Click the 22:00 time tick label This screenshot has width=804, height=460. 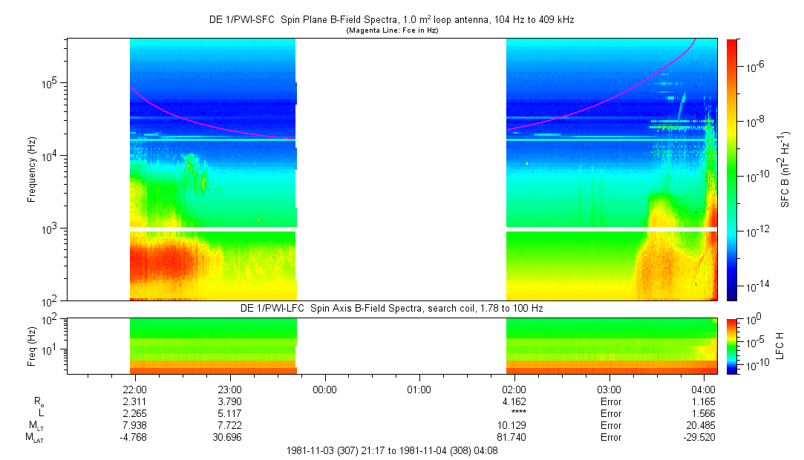tap(134, 389)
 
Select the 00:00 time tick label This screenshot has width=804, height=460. tap(324, 389)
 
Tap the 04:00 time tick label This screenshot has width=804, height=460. tap(702, 389)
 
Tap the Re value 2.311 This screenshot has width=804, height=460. tap(134, 401)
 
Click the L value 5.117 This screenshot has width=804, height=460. tap(229, 413)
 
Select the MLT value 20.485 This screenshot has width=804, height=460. tap(702, 426)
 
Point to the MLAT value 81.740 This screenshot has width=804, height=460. tap(514, 438)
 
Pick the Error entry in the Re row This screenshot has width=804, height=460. tap(609, 401)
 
